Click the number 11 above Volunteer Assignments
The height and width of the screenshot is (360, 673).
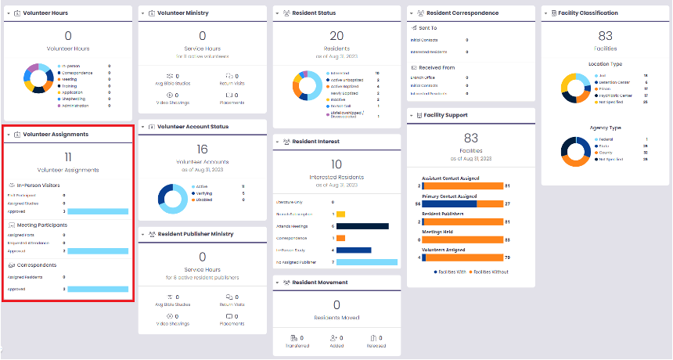click(68, 157)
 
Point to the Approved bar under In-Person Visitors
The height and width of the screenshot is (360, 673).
click(97, 211)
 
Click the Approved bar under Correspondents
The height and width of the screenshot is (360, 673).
click(97, 289)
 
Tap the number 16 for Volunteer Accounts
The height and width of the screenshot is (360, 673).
click(202, 149)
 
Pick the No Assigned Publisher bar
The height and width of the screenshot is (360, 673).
click(367, 261)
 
